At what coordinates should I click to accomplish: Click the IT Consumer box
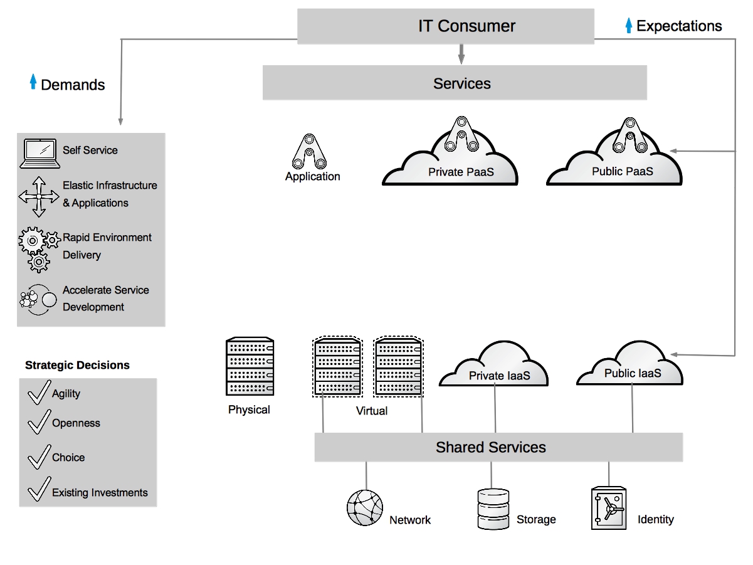pyautogui.click(x=446, y=26)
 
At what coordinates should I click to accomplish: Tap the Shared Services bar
pyautogui.click(x=498, y=448)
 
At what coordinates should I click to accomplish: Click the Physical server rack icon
pyautogui.click(x=250, y=367)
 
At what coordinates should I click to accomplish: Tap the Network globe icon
pyautogui.click(x=365, y=507)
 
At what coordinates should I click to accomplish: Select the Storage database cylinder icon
pyautogui.click(x=492, y=509)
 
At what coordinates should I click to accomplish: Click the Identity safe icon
pyautogui.click(x=608, y=509)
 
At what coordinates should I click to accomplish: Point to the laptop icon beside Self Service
pyautogui.click(x=40, y=153)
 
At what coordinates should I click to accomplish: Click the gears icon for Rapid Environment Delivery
pyautogui.click(x=38, y=248)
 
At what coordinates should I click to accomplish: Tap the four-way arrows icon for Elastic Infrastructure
pyautogui.click(x=39, y=197)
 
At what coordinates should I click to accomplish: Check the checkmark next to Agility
pyautogui.click(x=39, y=392)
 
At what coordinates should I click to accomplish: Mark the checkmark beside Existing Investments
pyautogui.click(x=39, y=490)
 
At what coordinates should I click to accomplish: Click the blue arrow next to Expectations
pyautogui.click(x=629, y=26)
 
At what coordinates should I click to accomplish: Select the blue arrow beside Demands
pyautogui.click(x=33, y=82)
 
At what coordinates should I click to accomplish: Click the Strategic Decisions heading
pyautogui.click(x=77, y=366)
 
